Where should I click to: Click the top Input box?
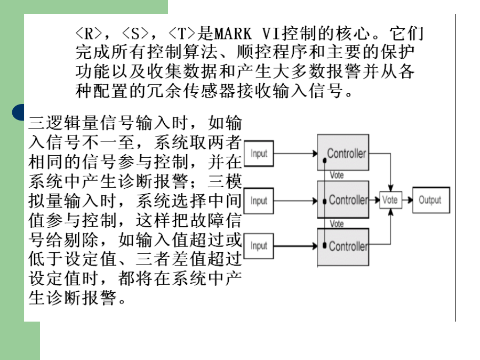(x=259, y=154)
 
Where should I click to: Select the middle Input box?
(x=259, y=201)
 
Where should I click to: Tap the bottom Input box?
(x=259, y=246)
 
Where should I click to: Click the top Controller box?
(x=343, y=153)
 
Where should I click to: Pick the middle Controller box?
(x=343, y=199)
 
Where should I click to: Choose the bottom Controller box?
(x=343, y=247)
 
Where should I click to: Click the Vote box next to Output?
(x=390, y=200)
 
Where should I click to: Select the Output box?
(x=431, y=200)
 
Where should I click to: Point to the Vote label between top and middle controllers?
(x=337, y=175)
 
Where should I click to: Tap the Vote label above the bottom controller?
(x=337, y=224)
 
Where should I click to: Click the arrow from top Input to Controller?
(x=295, y=154)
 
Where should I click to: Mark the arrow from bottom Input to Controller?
(x=295, y=246)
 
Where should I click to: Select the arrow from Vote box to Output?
(x=407, y=200)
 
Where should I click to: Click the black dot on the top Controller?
(x=324, y=161)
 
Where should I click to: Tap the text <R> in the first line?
(x=89, y=34)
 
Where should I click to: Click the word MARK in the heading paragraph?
(x=233, y=34)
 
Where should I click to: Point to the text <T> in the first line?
(x=182, y=34)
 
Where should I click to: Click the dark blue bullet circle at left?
(x=18, y=113)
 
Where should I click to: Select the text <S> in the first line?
(x=135, y=34)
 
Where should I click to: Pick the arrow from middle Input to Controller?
(x=295, y=201)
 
